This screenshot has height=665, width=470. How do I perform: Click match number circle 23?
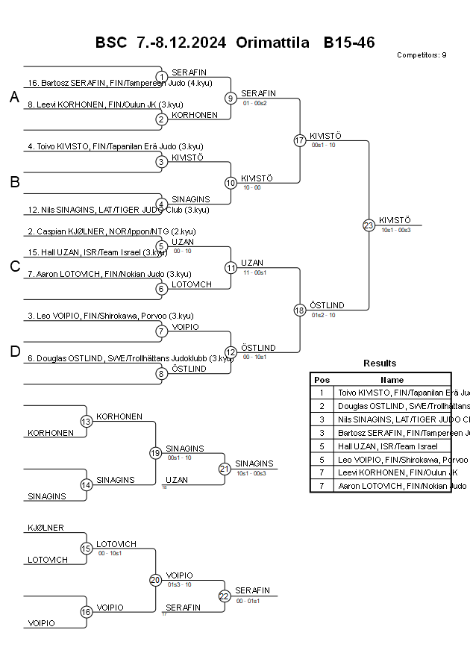coord(369,225)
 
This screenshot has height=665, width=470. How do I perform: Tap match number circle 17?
coord(300,140)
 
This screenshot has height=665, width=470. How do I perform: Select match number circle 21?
coord(225,469)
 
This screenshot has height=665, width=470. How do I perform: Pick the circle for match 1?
coord(162,77)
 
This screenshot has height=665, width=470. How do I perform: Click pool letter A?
coord(14,98)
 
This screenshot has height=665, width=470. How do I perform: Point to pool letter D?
coord(14,352)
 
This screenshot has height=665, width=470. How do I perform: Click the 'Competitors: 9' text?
coord(422,55)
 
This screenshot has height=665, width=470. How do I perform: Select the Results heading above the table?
coord(380,363)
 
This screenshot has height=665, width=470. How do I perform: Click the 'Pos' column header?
coord(322,379)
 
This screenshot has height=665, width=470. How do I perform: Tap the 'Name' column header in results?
coord(392,379)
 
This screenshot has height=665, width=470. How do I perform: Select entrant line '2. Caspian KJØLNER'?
coord(111,232)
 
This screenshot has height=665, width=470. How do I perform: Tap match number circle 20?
coord(155,580)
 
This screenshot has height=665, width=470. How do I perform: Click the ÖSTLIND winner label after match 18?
coord(327,305)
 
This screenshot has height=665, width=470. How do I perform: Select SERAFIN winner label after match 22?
coord(252,590)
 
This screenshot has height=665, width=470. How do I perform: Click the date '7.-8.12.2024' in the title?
coord(181,43)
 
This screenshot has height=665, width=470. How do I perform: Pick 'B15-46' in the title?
coord(348,43)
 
